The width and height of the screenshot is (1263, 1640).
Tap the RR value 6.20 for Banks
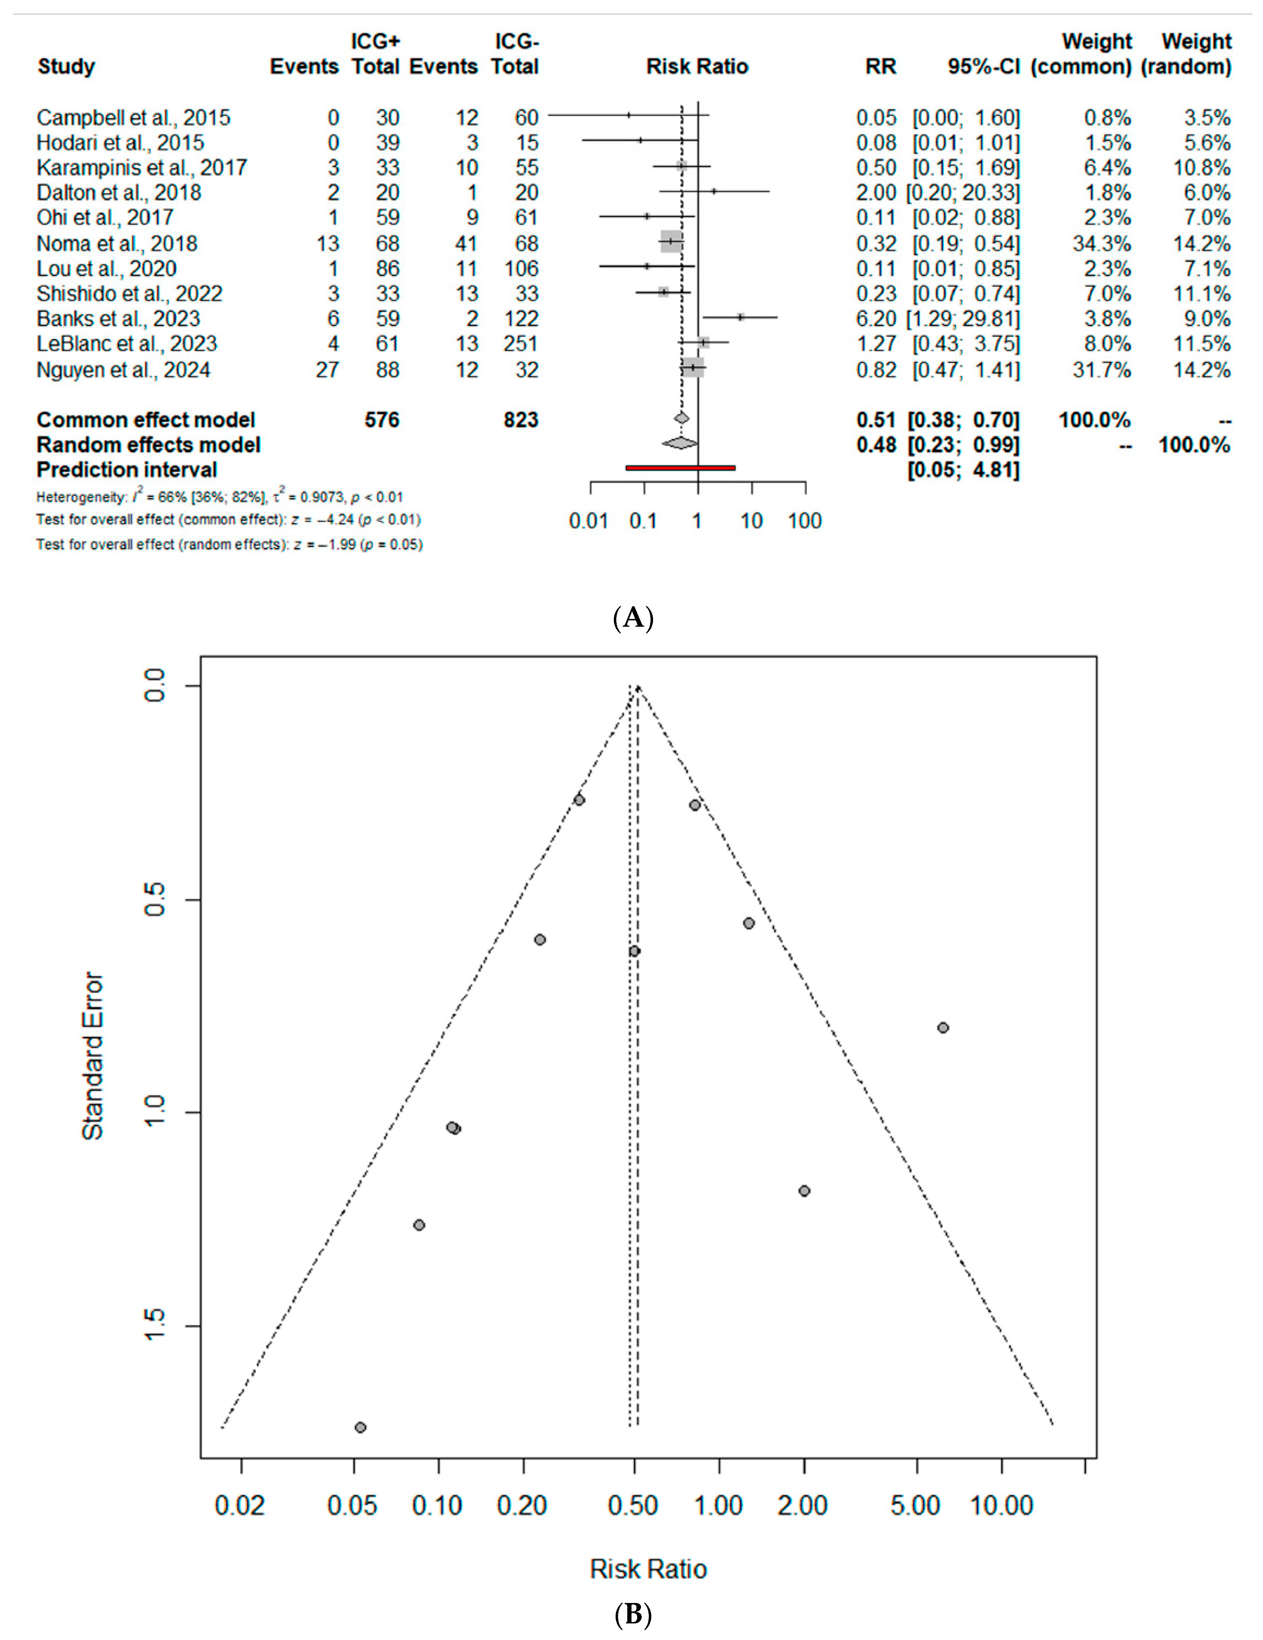(x=876, y=318)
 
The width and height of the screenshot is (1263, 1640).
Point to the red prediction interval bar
(x=680, y=468)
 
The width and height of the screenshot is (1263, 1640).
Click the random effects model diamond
(x=680, y=444)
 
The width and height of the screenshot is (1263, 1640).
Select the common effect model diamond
(x=682, y=418)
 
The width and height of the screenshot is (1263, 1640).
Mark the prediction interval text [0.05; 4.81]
(x=963, y=470)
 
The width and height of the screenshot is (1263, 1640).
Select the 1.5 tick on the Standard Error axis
(x=156, y=1327)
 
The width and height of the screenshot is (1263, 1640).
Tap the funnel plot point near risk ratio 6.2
(x=943, y=1027)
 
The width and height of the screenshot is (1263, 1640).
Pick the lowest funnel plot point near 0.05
(x=361, y=1427)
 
